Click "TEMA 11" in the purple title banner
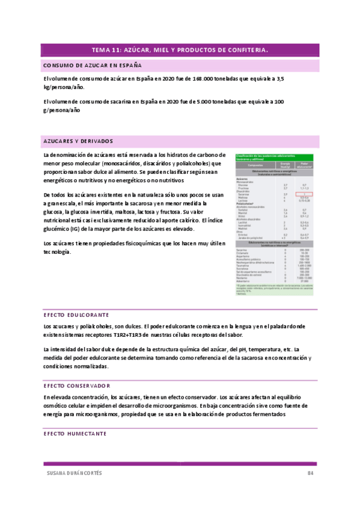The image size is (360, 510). [106, 50]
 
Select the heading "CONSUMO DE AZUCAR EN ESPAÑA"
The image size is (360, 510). [93, 64]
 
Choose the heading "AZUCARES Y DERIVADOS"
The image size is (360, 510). [78, 141]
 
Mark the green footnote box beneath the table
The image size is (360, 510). [274, 289]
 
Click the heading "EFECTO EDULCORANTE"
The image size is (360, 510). [76, 315]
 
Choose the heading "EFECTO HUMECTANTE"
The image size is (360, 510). [75, 433]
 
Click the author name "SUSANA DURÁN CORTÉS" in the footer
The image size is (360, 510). [74, 473]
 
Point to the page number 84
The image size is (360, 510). [311, 473]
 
